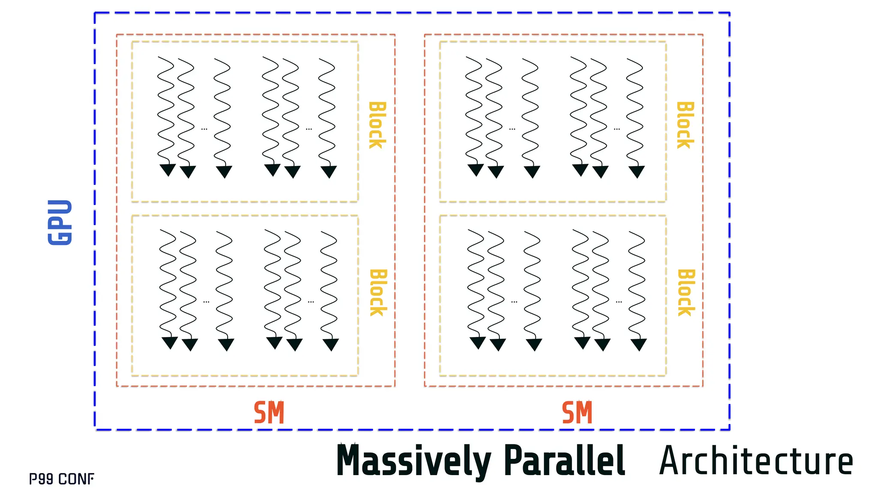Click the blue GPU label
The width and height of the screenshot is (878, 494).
click(60, 222)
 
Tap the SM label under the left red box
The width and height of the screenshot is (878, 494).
click(269, 413)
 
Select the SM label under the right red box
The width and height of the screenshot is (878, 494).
click(577, 413)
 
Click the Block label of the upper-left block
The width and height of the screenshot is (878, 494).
click(377, 125)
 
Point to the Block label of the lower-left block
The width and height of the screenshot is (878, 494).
click(378, 293)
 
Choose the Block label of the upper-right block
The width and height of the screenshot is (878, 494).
click(685, 125)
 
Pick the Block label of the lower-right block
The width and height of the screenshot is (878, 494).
click(686, 293)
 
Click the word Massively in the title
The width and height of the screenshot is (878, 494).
click(413, 461)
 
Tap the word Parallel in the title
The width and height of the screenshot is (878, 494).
click(564, 461)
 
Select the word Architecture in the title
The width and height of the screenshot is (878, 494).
click(756, 461)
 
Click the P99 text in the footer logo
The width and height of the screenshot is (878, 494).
click(41, 479)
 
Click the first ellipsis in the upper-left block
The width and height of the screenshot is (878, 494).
click(204, 129)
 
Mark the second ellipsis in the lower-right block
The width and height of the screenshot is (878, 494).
click(619, 302)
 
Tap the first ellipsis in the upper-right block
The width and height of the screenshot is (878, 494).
click(512, 129)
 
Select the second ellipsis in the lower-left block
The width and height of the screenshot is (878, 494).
click(311, 302)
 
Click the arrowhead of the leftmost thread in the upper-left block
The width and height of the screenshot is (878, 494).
click(168, 169)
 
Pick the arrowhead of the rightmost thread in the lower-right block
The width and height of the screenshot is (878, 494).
click(638, 344)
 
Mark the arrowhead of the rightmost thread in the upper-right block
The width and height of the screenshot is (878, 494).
click(637, 171)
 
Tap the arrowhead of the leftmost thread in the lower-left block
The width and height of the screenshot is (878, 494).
click(170, 342)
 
